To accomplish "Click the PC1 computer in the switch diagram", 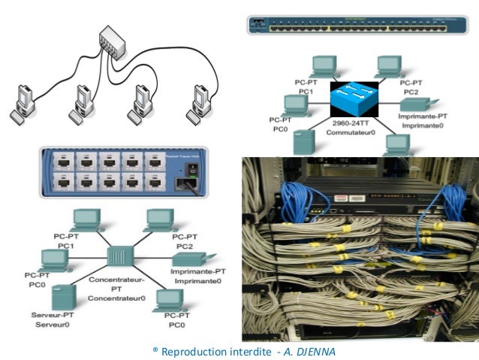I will [325, 65].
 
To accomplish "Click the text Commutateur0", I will [354, 132].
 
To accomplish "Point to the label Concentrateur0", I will [116, 298].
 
